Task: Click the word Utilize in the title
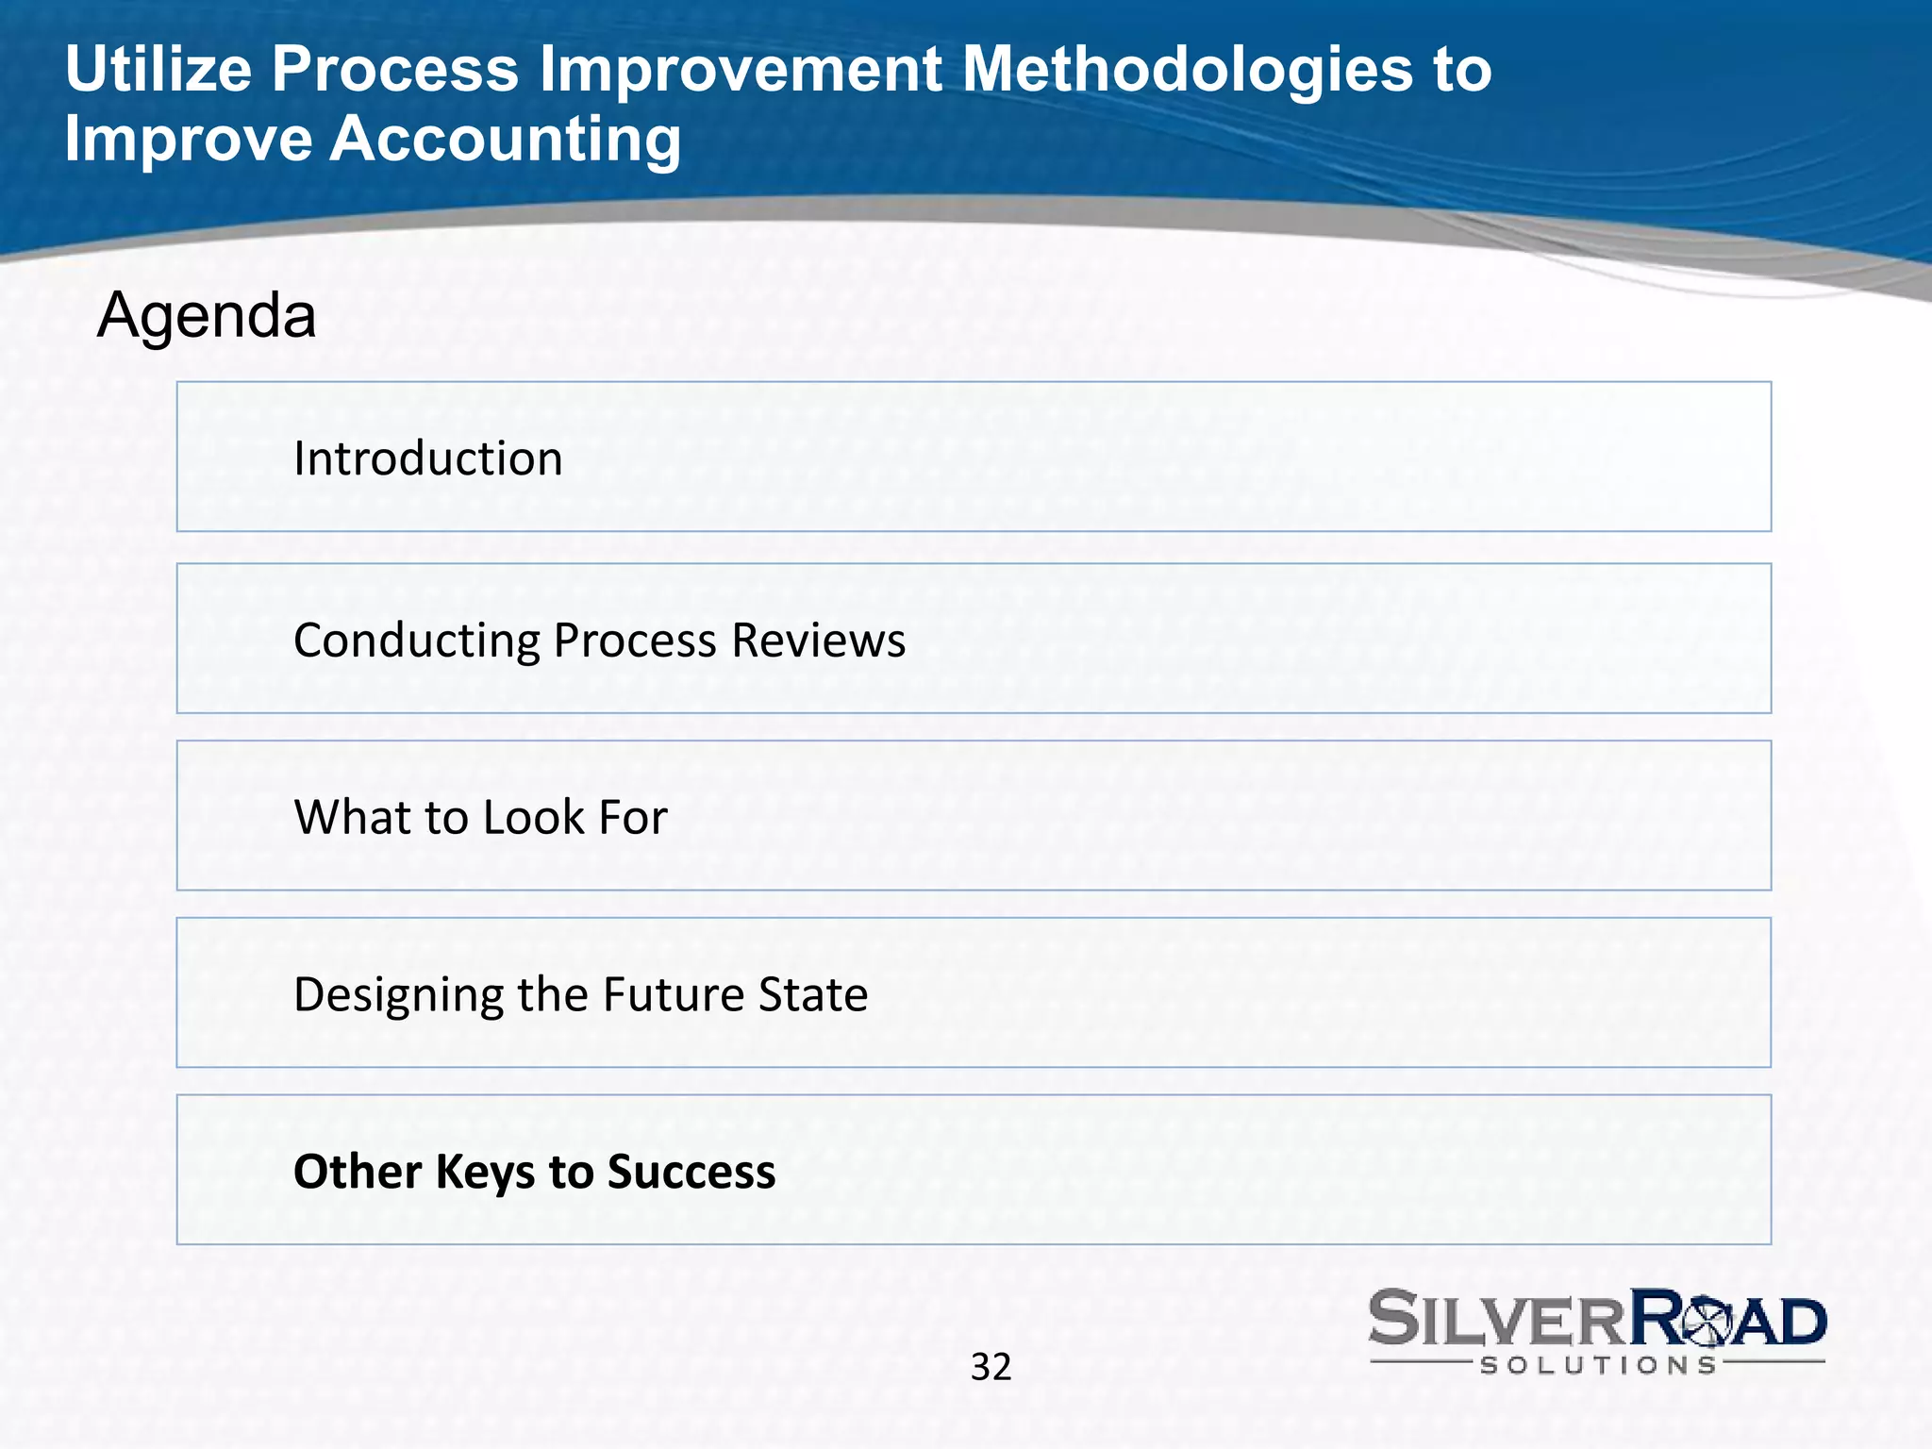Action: pyautogui.click(x=158, y=70)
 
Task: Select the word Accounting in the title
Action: pyautogui.click(x=505, y=140)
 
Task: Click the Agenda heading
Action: pyautogui.click(x=207, y=315)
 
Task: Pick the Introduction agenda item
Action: pyautogui.click(x=427, y=458)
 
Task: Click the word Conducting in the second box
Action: pyautogui.click(x=416, y=641)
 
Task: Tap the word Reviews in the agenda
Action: pyautogui.click(x=818, y=641)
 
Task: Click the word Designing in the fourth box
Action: pyautogui.click(x=398, y=995)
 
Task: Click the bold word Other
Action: pyautogui.click(x=357, y=1172)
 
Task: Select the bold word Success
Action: pyautogui.click(x=691, y=1172)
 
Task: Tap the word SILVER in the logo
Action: pyautogui.click(x=1499, y=1319)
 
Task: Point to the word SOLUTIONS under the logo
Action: pyautogui.click(x=1597, y=1365)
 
